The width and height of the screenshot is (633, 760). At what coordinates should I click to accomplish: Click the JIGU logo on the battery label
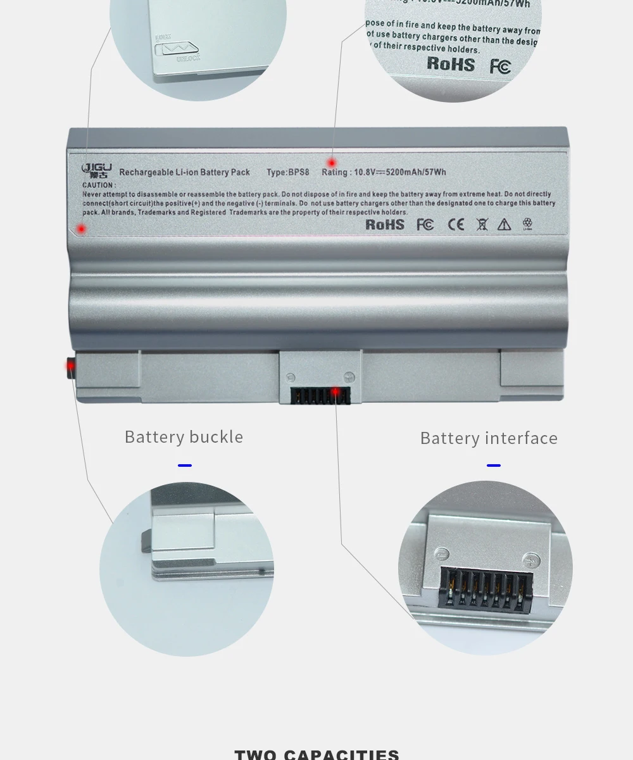[97, 170]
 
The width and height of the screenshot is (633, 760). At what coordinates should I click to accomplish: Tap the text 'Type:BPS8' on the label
[287, 172]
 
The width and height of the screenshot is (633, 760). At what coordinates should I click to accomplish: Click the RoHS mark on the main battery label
[385, 224]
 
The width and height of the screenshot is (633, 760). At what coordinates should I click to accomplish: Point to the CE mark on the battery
[456, 224]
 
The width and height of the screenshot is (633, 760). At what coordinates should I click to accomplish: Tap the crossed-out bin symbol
[482, 224]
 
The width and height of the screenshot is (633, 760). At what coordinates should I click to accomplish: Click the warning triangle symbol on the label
[504, 224]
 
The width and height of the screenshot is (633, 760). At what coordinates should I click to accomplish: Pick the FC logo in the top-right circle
[500, 66]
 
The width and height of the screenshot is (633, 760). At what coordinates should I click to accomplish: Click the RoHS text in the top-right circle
[451, 63]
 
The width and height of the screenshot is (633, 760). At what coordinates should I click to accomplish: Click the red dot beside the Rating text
[332, 163]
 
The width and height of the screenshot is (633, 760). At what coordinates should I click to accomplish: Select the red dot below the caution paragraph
[81, 228]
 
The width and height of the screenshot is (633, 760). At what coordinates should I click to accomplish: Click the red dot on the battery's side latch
[70, 365]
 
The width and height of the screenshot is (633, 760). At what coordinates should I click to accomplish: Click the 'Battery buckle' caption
[184, 437]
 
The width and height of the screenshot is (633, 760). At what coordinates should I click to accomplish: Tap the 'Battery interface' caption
[489, 438]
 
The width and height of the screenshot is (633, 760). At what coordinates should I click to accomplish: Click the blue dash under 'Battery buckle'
[185, 465]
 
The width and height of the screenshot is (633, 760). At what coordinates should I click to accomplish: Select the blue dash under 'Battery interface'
[494, 465]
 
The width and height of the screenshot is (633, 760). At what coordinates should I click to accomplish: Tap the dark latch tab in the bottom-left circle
[146, 542]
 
